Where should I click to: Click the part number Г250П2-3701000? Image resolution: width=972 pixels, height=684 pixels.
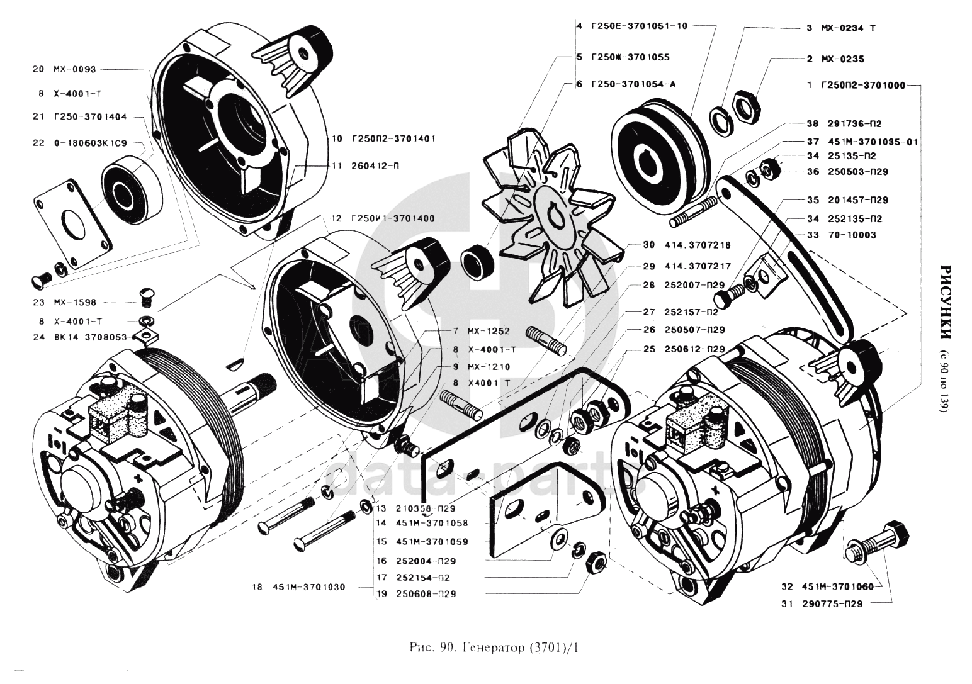coord(863,85)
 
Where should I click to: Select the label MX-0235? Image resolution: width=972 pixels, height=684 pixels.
coord(843,59)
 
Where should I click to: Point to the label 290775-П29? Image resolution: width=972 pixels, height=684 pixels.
coord(832,603)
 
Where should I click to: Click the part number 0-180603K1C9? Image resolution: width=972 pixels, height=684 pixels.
coord(89,143)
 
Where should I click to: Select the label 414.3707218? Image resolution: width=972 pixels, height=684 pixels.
coord(695,245)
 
